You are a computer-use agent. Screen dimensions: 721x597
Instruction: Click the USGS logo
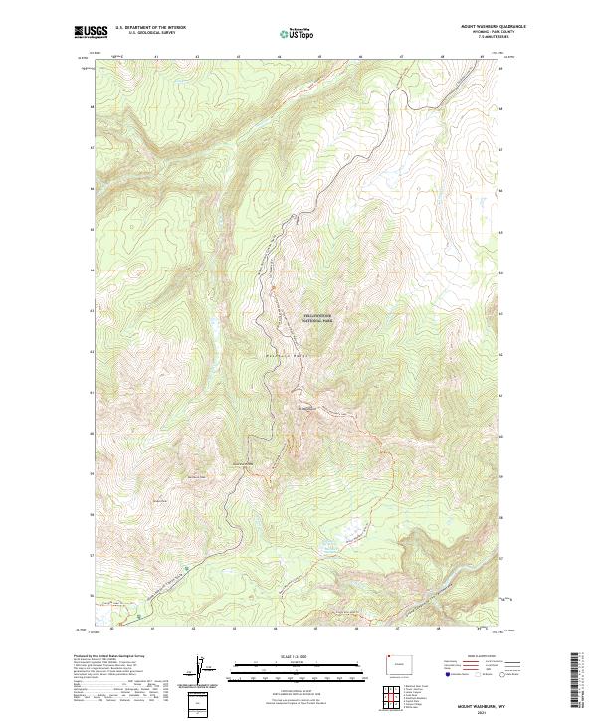tap(93, 33)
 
